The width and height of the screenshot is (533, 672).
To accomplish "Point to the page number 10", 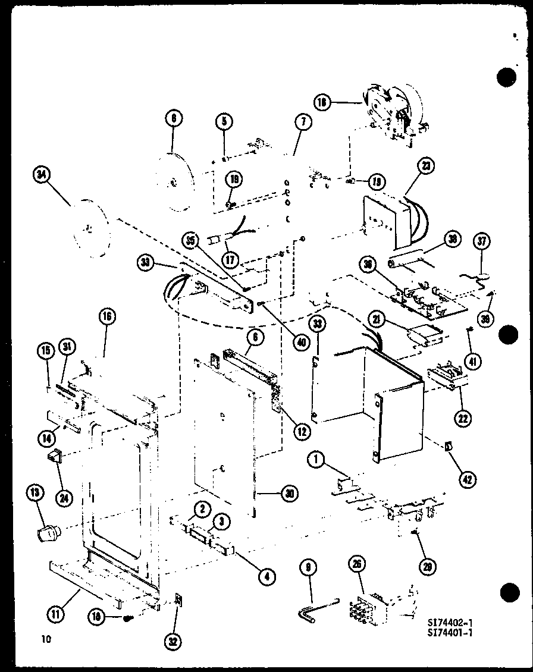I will coord(46,639).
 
